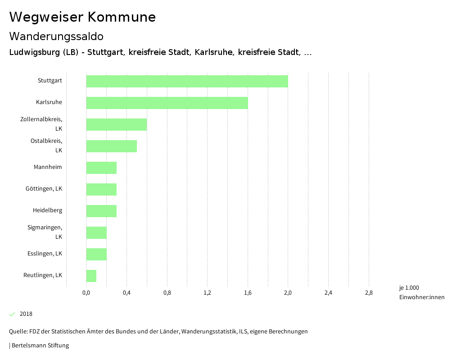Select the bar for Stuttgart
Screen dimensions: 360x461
click(x=187, y=81)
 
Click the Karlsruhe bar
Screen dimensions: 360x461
click(x=167, y=103)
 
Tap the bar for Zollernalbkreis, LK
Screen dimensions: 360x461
click(x=117, y=124)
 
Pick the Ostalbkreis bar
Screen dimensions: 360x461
click(x=111, y=146)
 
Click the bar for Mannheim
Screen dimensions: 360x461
click(x=101, y=168)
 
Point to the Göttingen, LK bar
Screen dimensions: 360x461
click(x=101, y=189)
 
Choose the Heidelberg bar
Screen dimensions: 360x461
click(x=101, y=211)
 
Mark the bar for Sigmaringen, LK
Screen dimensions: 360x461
click(x=96, y=232)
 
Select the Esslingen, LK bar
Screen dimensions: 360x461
click(x=96, y=254)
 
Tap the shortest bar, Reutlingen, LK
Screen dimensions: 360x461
click(x=91, y=276)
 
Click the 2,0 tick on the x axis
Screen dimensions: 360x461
click(x=288, y=293)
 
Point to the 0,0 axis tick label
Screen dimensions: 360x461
click(x=86, y=293)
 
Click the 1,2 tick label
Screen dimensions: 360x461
click(x=207, y=293)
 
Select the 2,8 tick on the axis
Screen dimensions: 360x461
click(x=368, y=293)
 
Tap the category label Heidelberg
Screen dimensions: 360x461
click(x=47, y=210)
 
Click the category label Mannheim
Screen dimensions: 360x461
click(x=48, y=167)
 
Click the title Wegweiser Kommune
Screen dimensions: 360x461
click(x=82, y=17)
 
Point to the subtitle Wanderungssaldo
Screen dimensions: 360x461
click(x=56, y=36)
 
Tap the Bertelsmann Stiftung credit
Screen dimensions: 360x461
click(x=40, y=346)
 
